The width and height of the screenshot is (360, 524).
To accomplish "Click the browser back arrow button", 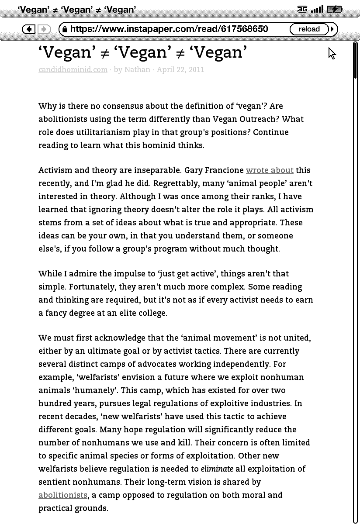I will point(29,29).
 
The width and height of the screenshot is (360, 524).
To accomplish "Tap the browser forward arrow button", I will point(44,29).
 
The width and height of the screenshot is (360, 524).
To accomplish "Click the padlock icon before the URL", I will point(65,29).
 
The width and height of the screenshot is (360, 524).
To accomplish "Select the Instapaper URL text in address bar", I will point(169,29).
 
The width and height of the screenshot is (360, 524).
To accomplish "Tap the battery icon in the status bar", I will point(334,9).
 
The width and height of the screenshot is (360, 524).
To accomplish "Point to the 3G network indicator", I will point(302,9).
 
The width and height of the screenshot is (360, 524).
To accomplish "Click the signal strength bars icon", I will point(317,9).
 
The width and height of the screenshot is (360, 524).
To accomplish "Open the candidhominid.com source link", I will point(73,69).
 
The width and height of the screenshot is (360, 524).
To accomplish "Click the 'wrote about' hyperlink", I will point(270,170).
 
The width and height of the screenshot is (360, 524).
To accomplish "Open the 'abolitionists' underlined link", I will point(63,495).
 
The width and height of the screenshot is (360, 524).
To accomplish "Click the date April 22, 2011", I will point(180,69).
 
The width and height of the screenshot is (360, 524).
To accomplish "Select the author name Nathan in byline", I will point(137,69).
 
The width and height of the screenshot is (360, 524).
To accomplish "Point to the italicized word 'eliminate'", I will point(217,469).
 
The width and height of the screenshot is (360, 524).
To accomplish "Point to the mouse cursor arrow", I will point(332,53).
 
